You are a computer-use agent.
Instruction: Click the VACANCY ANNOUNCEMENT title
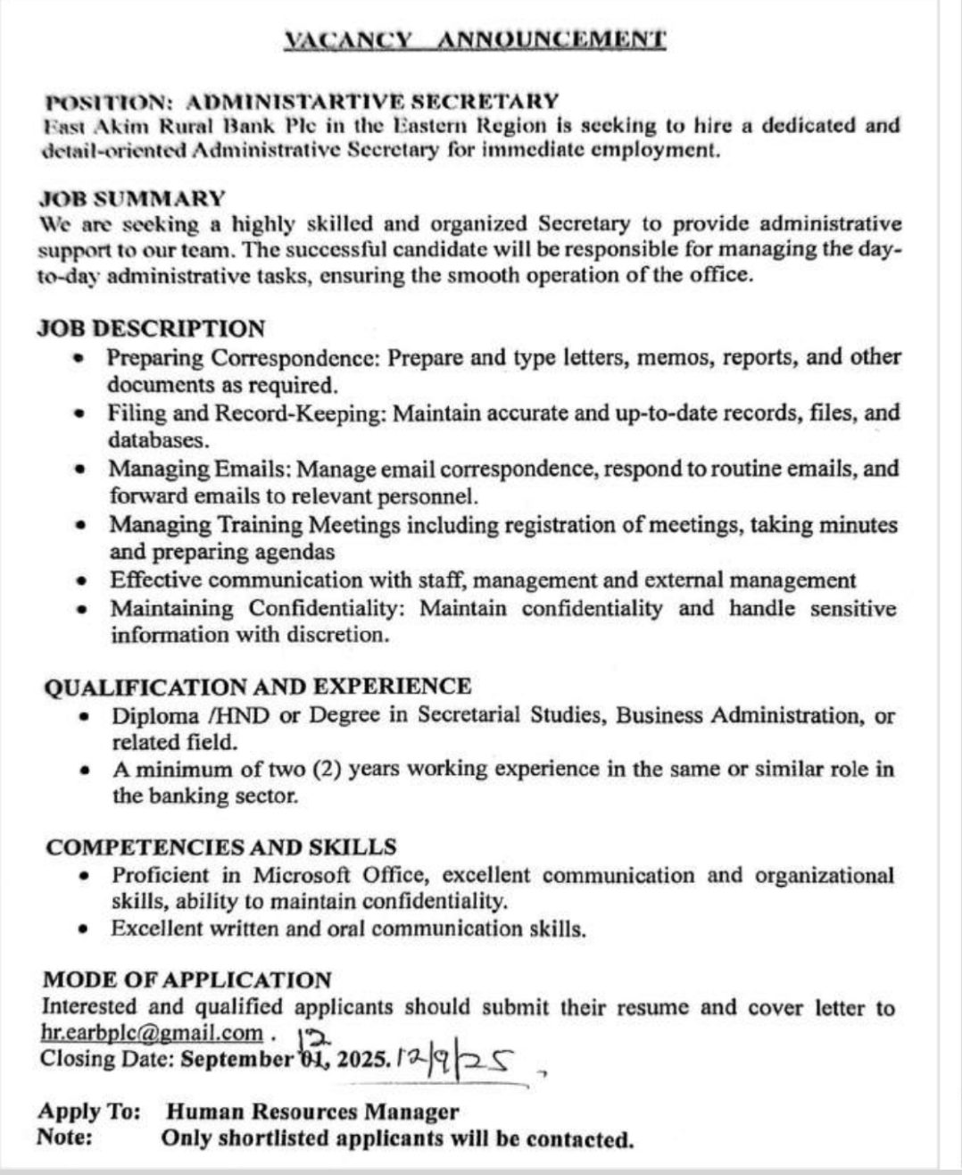(x=474, y=39)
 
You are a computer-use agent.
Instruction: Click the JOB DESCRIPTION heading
(x=151, y=329)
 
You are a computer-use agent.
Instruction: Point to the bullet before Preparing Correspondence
(x=79, y=358)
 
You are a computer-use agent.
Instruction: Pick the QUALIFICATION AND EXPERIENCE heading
(x=257, y=687)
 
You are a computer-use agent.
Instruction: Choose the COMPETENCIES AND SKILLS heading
(x=221, y=846)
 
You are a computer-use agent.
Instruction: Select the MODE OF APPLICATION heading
(x=187, y=979)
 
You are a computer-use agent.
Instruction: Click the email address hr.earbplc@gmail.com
(x=153, y=1033)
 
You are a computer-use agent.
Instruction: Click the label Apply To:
(x=89, y=1112)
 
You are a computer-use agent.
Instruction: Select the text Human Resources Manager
(x=312, y=1112)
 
